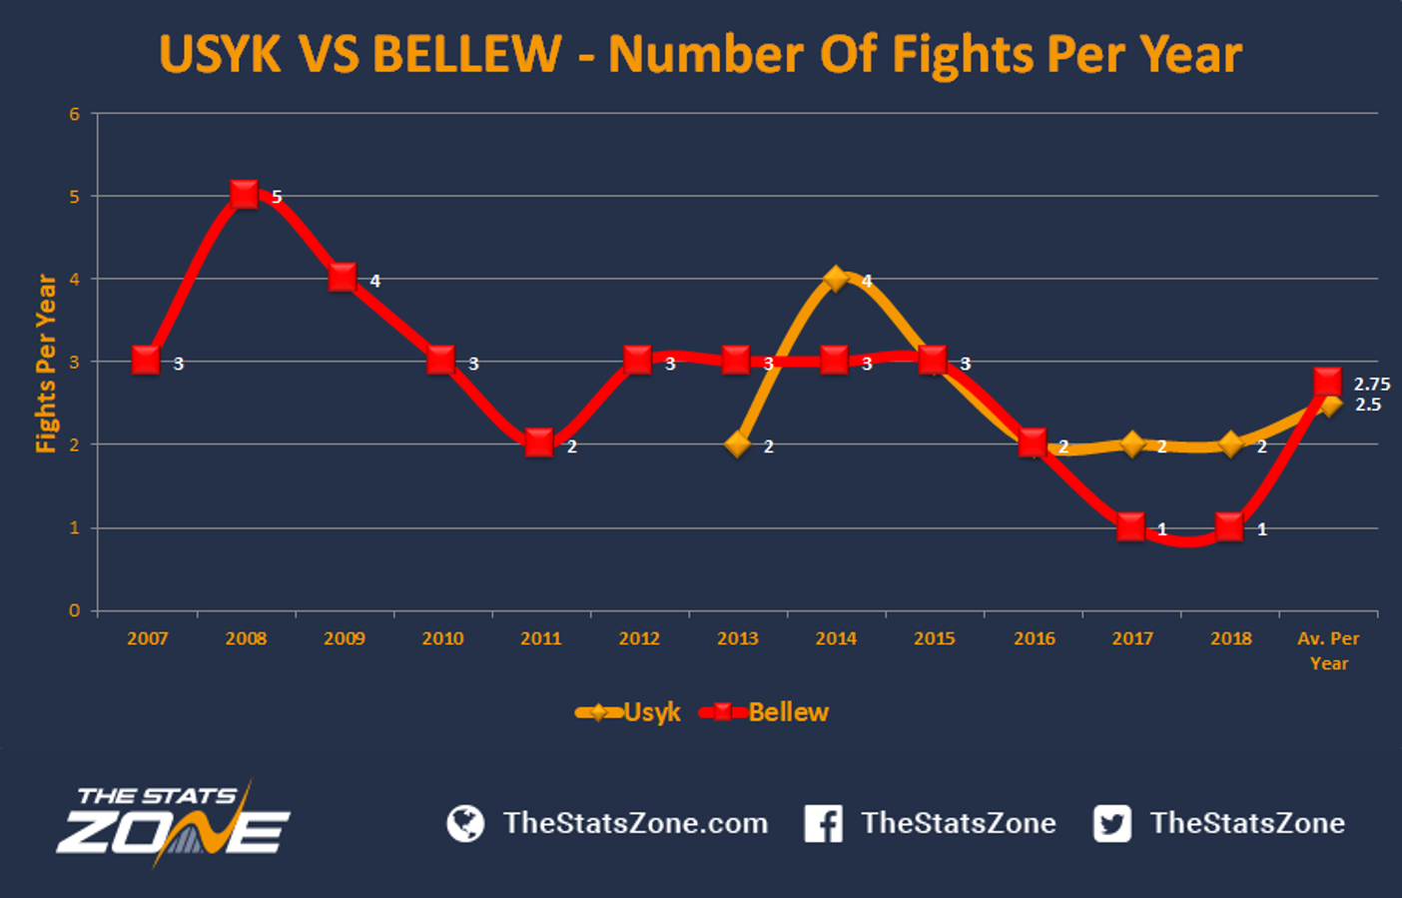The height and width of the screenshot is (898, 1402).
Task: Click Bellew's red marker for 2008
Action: click(245, 194)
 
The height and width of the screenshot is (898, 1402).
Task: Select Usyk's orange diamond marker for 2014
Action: click(836, 279)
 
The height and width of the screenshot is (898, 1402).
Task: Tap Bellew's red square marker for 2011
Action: click(539, 443)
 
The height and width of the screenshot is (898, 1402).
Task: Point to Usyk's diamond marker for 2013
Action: click(738, 444)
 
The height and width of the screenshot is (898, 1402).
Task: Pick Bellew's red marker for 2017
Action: click(1130, 526)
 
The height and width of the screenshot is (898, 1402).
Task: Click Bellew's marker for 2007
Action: click(147, 361)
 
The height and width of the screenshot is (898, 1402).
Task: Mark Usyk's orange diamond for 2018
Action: click(1230, 444)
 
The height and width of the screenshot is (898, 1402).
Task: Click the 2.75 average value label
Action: click(1371, 384)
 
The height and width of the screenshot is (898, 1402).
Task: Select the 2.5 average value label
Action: click(1368, 405)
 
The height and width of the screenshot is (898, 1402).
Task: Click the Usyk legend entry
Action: click(628, 712)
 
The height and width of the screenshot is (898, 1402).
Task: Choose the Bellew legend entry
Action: click(765, 712)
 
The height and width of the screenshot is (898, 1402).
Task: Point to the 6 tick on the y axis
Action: click(75, 114)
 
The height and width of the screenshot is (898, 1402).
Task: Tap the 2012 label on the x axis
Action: click(639, 638)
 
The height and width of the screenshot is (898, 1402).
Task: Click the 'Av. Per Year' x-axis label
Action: click(1328, 650)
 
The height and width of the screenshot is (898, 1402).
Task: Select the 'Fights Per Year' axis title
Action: click(46, 363)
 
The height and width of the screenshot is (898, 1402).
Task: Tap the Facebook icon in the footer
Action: click(824, 823)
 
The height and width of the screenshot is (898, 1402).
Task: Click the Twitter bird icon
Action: click(1112, 823)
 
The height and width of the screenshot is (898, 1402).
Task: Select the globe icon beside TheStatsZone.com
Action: click(465, 823)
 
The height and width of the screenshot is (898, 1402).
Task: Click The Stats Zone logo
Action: click(173, 823)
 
